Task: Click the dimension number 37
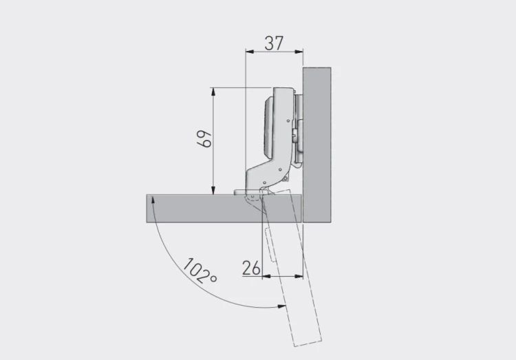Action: click(x=274, y=43)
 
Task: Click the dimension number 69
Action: click(x=204, y=139)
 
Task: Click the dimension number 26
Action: click(x=251, y=268)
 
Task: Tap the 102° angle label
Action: click(x=200, y=271)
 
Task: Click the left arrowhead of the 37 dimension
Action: click(x=250, y=52)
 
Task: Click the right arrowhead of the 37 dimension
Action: click(x=299, y=52)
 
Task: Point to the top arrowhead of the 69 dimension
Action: click(x=213, y=92)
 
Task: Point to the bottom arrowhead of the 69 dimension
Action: click(x=213, y=191)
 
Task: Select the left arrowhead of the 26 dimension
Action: click(x=266, y=276)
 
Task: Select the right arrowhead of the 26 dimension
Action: click(x=299, y=276)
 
